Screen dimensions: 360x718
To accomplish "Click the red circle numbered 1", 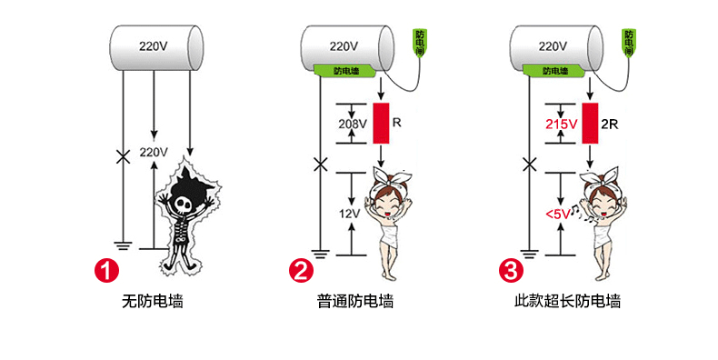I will [x=108, y=270].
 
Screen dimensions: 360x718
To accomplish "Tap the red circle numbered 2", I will [x=300, y=270].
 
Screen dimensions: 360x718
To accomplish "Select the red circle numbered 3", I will [x=512, y=270].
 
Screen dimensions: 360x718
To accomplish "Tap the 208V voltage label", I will [x=350, y=124].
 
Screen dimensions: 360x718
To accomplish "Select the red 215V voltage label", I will [x=562, y=124].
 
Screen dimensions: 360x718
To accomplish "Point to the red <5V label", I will [x=558, y=214].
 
